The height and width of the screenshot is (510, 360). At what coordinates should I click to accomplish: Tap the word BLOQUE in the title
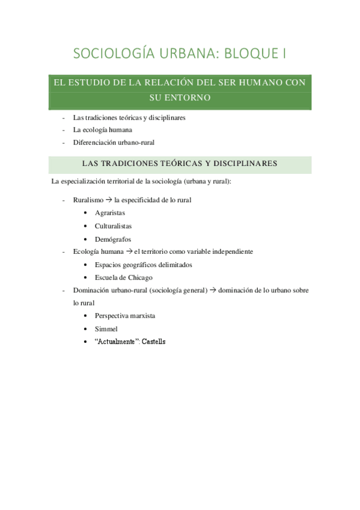249,54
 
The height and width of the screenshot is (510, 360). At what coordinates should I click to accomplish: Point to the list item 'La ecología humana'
103,129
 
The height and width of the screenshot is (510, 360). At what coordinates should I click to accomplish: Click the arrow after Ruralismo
109,200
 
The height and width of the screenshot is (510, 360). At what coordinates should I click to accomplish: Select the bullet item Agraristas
109,213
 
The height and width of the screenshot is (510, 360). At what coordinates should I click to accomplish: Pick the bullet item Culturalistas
113,226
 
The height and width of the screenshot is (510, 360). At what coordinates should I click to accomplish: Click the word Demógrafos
112,239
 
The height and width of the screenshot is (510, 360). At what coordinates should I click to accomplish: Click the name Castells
153,342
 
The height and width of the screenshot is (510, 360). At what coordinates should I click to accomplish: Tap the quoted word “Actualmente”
117,342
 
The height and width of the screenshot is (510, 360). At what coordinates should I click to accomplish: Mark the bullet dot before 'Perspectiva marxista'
88,316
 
